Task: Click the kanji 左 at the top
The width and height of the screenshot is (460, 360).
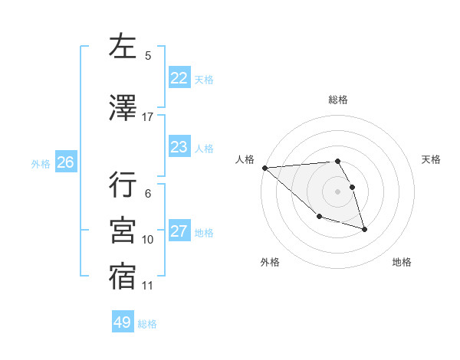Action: click(123, 47)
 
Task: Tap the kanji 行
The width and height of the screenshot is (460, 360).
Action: click(123, 185)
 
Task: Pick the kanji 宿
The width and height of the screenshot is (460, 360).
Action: click(123, 277)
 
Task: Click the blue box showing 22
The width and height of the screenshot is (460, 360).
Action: click(179, 78)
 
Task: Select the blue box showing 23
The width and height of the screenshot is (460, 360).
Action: click(179, 147)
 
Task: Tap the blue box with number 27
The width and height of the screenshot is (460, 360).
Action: click(179, 232)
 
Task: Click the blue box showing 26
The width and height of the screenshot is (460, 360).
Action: click(65, 162)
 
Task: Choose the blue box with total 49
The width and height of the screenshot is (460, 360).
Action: click(122, 322)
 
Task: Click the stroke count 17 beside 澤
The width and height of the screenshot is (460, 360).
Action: click(148, 117)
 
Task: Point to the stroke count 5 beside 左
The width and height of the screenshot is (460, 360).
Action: click(148, 55)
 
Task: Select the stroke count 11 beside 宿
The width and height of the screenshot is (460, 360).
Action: click(148, 286)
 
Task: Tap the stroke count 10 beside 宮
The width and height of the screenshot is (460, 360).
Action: click(148, 240)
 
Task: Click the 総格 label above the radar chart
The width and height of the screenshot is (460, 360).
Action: click(338, 100)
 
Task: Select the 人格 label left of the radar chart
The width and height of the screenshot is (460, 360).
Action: click(245, 159)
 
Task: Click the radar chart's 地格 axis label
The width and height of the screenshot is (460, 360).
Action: click(402, 262)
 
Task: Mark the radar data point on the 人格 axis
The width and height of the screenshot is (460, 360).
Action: click(264, 168)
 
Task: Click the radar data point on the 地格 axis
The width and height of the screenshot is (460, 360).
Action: click(364, 229)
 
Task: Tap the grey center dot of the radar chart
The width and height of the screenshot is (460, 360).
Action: click(337, 191)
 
